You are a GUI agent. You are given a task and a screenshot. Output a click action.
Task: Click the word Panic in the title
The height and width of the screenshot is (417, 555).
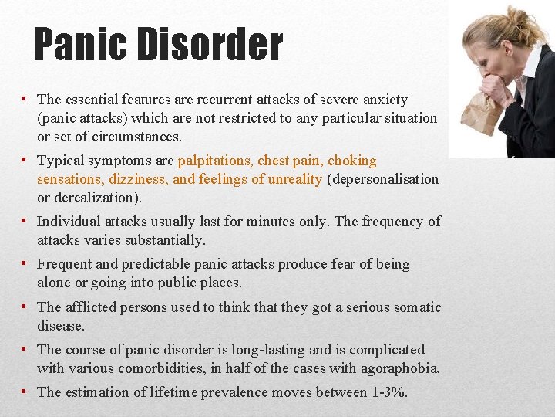[x=79, y=46]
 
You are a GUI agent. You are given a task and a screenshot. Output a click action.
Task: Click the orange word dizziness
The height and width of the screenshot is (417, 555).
[x=139, y=179]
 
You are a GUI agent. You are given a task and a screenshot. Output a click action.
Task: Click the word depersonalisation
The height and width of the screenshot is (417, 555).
[x=383, y=179]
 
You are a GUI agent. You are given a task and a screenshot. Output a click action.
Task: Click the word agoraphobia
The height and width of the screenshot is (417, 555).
[x=400, y=368]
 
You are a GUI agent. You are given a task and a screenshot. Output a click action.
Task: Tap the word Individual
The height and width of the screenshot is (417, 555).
[x=69, y=222]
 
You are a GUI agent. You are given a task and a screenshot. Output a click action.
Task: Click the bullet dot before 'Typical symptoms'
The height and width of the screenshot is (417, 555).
[x=25, y=161]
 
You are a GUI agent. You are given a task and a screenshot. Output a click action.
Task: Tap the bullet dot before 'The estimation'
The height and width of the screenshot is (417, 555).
[x=25, y=392]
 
